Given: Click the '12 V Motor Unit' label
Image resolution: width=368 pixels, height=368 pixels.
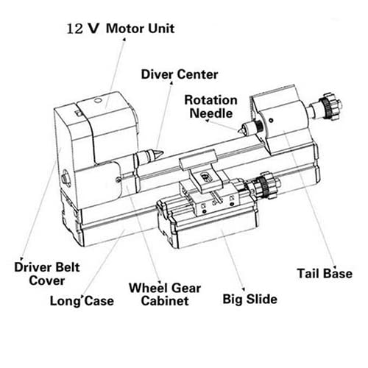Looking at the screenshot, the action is click(x=121, y=29).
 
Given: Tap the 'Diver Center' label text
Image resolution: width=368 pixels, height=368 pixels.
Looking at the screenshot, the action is click(x=180, y=74).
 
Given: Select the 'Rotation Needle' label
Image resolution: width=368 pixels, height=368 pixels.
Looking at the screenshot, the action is click(x=210, y=107).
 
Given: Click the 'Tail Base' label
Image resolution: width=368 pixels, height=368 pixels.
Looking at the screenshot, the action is click(x=325, y=273).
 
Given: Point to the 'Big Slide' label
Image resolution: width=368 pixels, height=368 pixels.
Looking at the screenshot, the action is click(x=250, y=300).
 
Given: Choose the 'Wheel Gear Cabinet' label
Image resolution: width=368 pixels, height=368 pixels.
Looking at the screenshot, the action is click(x=165, y=294).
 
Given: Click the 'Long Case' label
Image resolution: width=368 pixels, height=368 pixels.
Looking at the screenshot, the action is click(x=82, y=301).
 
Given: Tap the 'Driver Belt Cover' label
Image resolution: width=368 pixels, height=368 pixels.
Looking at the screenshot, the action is click(x=47, y=274).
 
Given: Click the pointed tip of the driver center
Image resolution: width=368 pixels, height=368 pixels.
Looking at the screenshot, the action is click(x=163, y=153).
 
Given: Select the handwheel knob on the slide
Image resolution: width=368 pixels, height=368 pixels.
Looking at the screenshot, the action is click(x=266, y=185).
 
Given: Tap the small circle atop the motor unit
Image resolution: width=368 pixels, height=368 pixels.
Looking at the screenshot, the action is click(x=97, y=100).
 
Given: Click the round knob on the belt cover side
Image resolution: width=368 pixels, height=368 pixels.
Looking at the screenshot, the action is click(x=66, y=178).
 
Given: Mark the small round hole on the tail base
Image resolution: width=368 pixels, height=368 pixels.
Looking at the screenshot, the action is click(x=271, y=121).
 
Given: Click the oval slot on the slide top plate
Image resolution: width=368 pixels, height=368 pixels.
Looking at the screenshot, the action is click(x=205, y=176).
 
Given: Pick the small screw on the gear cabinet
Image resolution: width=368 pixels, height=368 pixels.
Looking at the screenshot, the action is click(x=118, y=180).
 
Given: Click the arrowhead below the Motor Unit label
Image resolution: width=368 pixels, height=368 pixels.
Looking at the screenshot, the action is click(x=124, y=40).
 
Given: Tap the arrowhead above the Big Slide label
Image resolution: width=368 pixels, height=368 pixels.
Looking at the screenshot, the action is click(x=244, y=289).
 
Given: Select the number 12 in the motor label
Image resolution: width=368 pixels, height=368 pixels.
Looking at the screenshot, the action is click(x=75, y=29).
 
